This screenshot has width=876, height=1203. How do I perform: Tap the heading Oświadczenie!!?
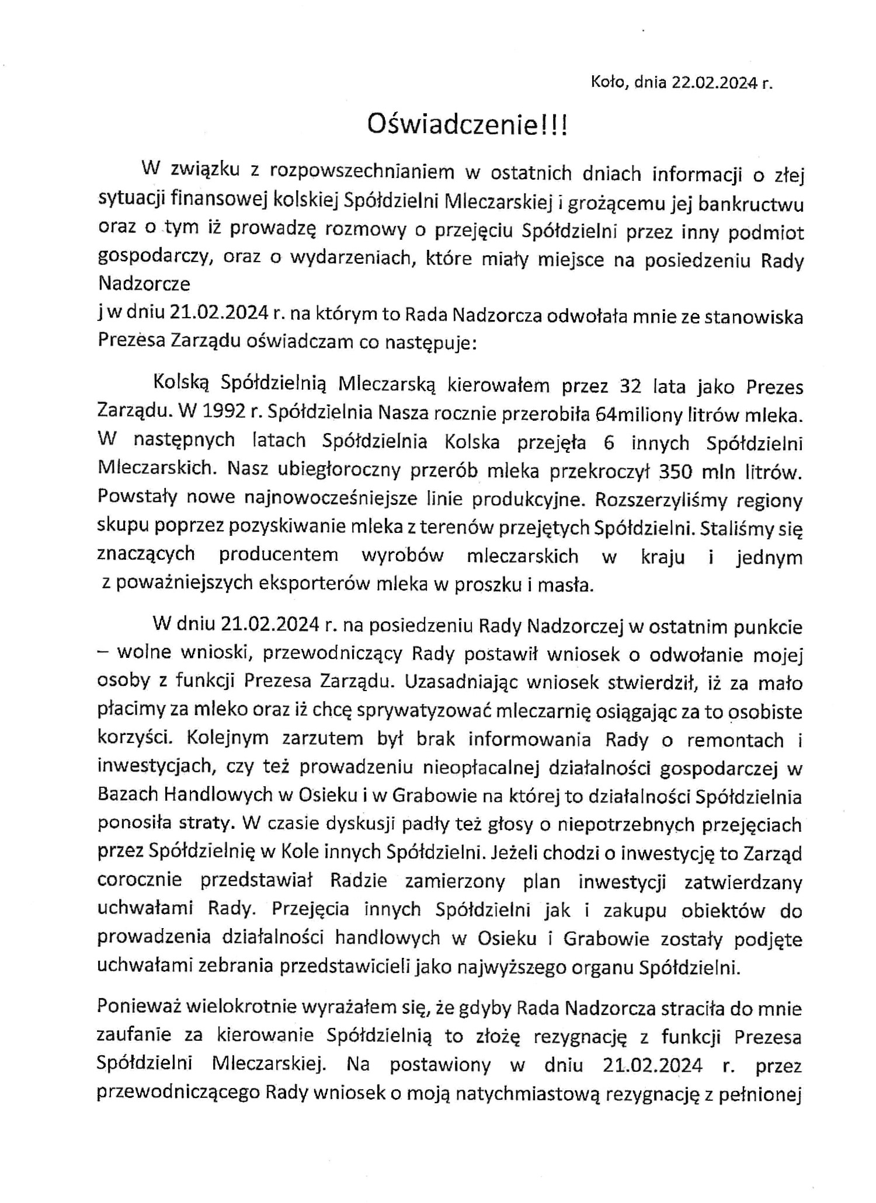pyautogui.click(x=467, y=125)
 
